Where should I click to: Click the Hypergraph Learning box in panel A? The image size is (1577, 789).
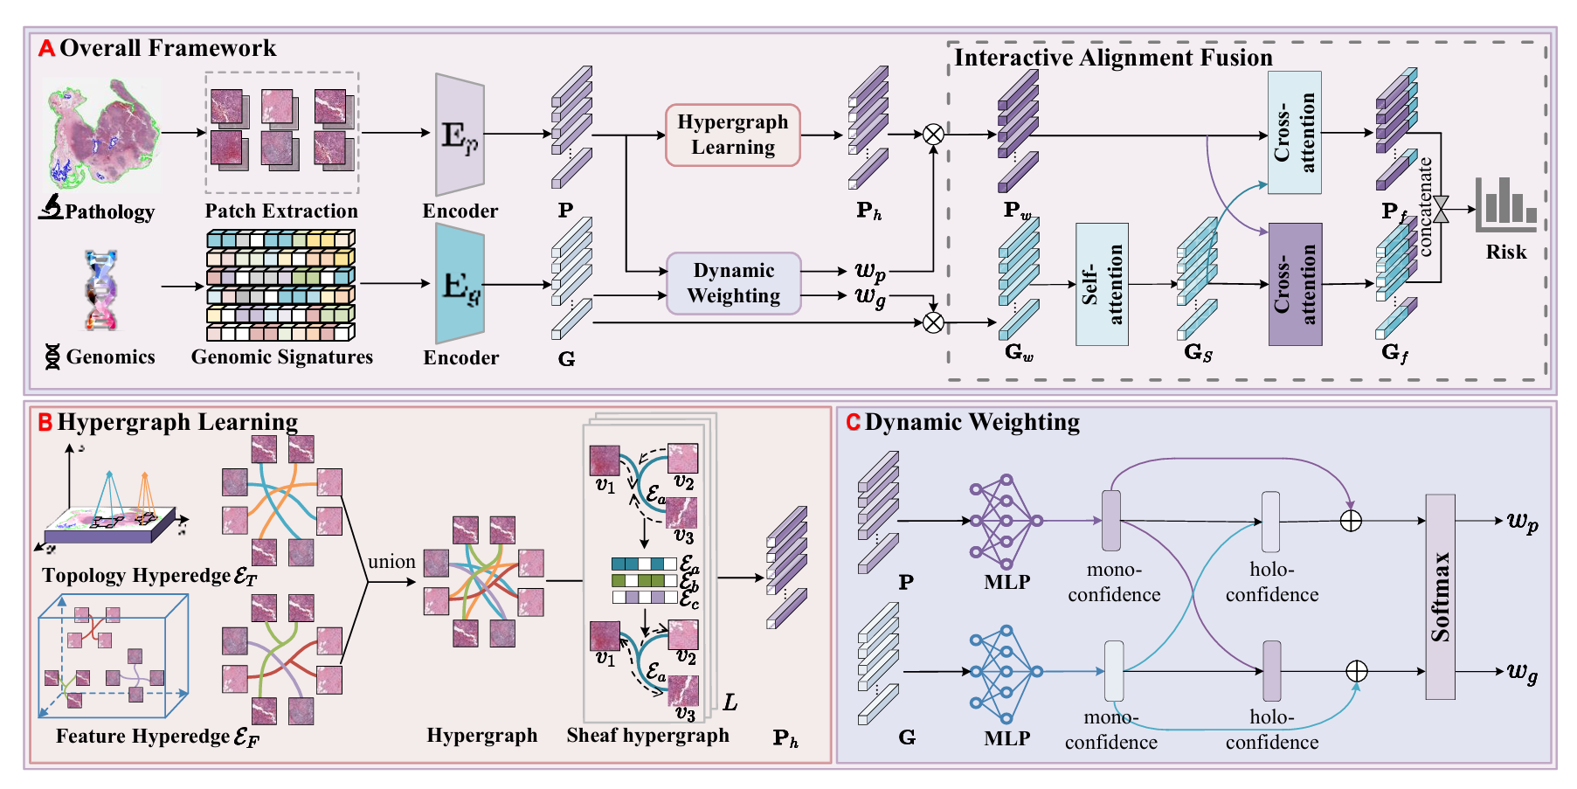point(732,135)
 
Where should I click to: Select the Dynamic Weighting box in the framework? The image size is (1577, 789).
point(733,283)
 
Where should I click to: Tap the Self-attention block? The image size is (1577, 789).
point(1101,284)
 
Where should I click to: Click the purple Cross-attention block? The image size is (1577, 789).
point(1294,284)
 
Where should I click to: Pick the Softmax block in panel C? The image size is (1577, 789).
point(1440,597)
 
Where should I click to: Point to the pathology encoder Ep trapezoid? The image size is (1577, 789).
point(460,135)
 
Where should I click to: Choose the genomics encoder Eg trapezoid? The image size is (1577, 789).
point(460,284)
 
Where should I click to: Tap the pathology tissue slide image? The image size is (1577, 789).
point(103,135)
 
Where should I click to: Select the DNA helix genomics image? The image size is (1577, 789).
point(101,290)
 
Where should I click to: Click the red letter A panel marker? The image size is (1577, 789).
point(46,48)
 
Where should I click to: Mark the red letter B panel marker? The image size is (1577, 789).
point(45,423)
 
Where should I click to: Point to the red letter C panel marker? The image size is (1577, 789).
point(853,423)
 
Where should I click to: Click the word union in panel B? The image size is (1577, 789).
point(391,562)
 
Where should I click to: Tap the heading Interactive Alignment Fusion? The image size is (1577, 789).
point(1112,58)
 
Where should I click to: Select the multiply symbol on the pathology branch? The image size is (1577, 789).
point(933,135)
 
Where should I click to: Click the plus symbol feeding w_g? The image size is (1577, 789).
point(1356,671)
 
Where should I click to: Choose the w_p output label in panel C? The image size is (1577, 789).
point(1522,522)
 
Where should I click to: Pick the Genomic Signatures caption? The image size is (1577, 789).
point(281,357)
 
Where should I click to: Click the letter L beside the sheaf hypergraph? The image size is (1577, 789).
point(730,702)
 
